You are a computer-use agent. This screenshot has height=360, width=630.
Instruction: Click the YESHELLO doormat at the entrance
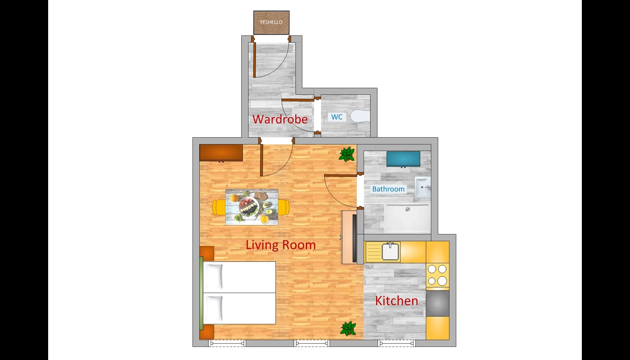271,22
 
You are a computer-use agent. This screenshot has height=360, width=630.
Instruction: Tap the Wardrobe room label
280,119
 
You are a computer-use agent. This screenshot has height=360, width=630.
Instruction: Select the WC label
337,117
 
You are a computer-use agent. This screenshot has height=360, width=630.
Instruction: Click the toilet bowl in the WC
360,116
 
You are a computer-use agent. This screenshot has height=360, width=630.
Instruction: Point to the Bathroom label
388,189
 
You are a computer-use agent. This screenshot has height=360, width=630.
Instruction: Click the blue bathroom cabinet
403,159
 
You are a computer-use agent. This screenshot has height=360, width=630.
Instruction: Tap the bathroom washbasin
423,187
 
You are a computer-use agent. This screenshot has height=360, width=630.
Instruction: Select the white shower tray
407,219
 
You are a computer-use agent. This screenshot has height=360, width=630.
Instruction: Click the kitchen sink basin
390,252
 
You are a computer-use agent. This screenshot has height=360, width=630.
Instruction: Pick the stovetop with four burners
437,275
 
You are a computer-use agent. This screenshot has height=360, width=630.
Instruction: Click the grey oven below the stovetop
437,303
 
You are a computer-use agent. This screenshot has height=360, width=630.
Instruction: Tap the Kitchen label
396,301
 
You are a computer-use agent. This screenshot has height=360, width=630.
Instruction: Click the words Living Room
281,245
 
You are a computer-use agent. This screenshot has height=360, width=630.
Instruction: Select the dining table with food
252,207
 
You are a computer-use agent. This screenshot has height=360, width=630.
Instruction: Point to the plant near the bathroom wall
347,154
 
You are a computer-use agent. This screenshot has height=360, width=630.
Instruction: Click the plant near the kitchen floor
348,329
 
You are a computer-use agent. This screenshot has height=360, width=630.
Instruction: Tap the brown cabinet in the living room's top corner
221,153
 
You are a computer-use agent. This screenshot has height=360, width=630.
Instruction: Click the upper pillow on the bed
214,277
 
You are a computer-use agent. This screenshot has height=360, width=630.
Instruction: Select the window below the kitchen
396,343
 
